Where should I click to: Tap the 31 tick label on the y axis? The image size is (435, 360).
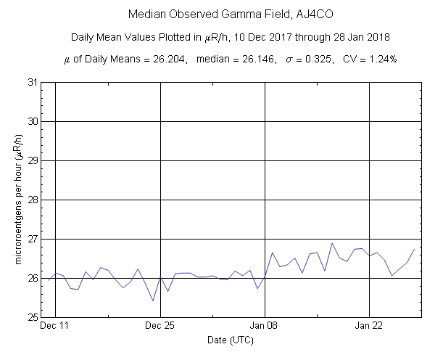[x=33, y=82]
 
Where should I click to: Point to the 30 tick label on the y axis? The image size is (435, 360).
[x=33, y=121]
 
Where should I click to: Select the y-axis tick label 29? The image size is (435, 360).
[x=33, y=160]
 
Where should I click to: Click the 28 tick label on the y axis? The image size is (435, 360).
[x=33, y=200]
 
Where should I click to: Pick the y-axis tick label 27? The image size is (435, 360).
[x=33, y=239]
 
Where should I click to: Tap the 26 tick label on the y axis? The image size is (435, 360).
[x=33, y=278]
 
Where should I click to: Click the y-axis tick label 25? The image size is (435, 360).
[x=33, y=317]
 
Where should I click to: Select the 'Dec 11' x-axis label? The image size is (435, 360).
[x=55, y=327]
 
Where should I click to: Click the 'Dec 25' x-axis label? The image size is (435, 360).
[x=160, y=327]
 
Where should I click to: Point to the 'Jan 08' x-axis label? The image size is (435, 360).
[x=265, y=327]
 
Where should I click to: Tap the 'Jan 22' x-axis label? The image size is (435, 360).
[x=370, y=327]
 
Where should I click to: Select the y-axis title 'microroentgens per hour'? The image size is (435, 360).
[x=16, y=200]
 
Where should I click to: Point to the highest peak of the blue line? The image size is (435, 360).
[x=332, y=243]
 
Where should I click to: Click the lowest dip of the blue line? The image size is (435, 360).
[x=153, y=300]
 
